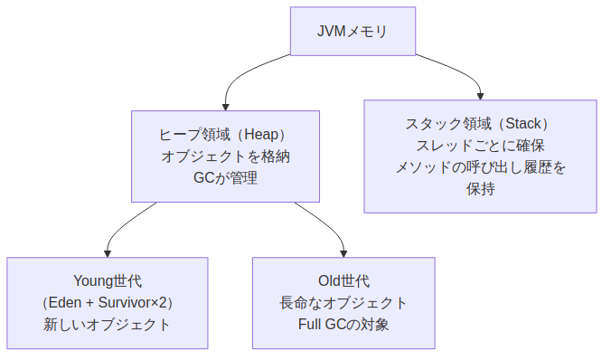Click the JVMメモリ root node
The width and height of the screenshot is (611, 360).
(x=352, y=32)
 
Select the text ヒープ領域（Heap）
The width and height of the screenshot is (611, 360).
(x=225, y=134)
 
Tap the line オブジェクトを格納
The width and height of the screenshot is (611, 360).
(x=225, y=156)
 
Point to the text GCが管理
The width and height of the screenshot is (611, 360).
(x=225, y=177)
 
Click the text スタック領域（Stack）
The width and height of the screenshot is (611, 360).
(x=480, y=123)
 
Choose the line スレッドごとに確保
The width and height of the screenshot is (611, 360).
(x=480, y=145)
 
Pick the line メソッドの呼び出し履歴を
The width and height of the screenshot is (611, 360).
(x=480, y=166)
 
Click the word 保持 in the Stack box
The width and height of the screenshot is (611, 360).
(x=480, y=188)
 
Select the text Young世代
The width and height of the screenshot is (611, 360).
(x=108, y=280)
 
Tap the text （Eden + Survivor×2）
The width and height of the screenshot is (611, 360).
(x=108, y=302)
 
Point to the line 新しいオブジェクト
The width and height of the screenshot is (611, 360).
(x=108, y=324)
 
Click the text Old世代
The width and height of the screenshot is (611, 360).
(x=343, y=280)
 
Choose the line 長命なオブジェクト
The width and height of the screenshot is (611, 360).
(x=343, y=302)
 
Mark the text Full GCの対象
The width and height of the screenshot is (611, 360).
(x=343, y=324)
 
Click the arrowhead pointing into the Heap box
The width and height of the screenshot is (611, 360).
(x=225, y=106)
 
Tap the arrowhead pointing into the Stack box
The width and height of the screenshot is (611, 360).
(x=480, y=95)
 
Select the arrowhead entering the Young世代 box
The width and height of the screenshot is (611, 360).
(x=108, y=252)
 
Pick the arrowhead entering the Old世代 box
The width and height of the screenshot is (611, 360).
(x=343, y=252)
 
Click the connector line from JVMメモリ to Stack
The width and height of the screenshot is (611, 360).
(x=456, y=72)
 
